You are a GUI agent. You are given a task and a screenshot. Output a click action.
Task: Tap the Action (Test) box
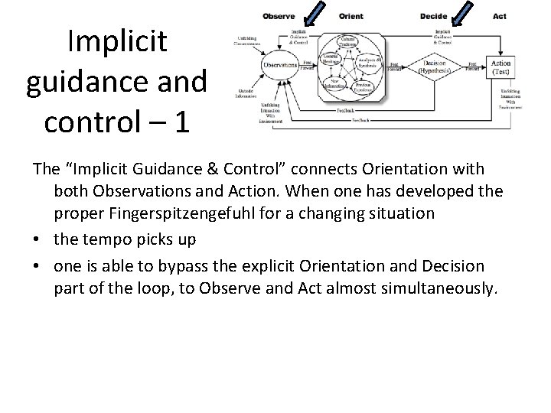click(502, 67)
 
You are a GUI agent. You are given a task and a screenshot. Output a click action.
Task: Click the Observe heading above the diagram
click(279, 16)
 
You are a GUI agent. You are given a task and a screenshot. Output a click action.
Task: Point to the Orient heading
click(350, 16)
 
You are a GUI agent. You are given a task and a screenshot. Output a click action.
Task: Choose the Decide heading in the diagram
click(434, 16)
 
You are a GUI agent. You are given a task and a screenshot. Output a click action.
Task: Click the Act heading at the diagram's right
click(500, 16)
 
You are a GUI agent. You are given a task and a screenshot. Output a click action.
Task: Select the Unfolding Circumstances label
click(246, 41)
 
